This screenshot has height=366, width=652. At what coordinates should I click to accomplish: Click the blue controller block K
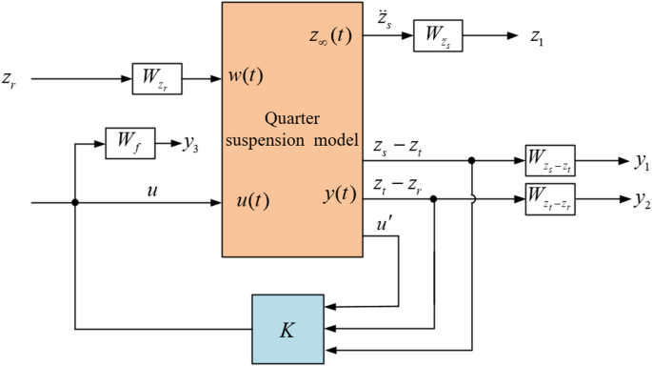tap(287, 327)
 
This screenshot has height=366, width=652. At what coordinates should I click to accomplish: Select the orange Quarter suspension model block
tap(292, 129)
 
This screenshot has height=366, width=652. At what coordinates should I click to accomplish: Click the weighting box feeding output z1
tap(437, 39)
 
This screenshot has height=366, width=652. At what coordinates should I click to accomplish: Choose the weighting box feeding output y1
tap(556, 163)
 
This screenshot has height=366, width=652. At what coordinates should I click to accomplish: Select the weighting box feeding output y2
tap(556, 199)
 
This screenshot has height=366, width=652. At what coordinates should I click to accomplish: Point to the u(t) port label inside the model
tap(252, 202)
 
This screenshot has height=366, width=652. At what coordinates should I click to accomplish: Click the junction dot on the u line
tap(75, 202)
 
